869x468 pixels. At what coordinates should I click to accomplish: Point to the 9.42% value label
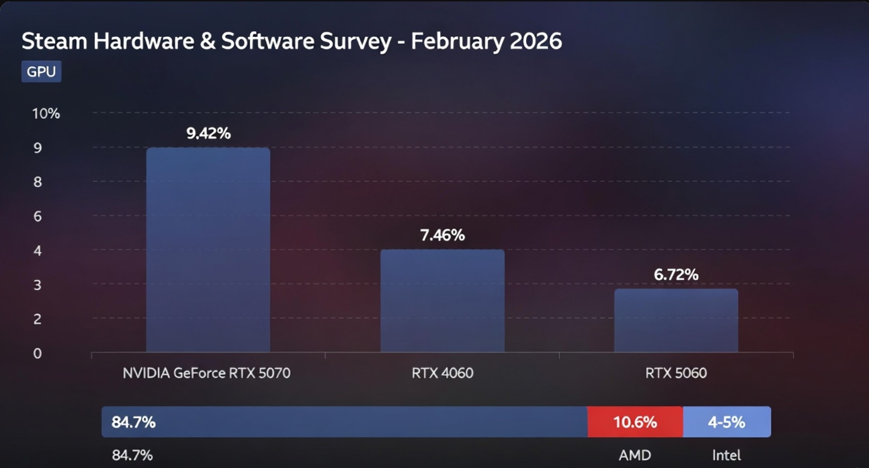click(x=208, y=133)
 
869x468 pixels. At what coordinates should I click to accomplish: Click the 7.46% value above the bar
click(x=442, y=235)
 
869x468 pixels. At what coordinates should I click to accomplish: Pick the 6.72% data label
click(x=676, y=275)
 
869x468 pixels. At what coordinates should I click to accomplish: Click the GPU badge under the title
click(x=41, y=72)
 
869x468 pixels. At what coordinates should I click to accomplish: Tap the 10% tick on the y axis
click(x=46, y=114)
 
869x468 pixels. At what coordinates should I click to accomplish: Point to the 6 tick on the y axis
click(x=37, y=216)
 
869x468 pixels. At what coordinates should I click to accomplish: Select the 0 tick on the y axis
click(x=37, y=354)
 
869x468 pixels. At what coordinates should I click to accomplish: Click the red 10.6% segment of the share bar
click(x=635, y=422)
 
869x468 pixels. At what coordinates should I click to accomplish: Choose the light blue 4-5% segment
click(x=726, y=422)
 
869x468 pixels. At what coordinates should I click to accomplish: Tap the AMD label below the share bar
click(x=635, y=455)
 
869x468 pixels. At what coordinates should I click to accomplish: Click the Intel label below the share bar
click(x=726, y=455)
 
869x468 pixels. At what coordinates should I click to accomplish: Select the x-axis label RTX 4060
click(x=442, y=373)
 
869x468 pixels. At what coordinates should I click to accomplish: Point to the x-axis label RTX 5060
click(x=676, y=373)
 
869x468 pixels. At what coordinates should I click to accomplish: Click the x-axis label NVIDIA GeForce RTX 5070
click(x=206, y=373)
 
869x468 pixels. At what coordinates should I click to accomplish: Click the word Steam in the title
click(x=54, y=41)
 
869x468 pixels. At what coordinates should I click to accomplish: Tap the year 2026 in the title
click(x=536, y=41)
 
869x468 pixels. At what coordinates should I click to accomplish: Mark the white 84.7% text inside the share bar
click(x=133, y=422)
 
